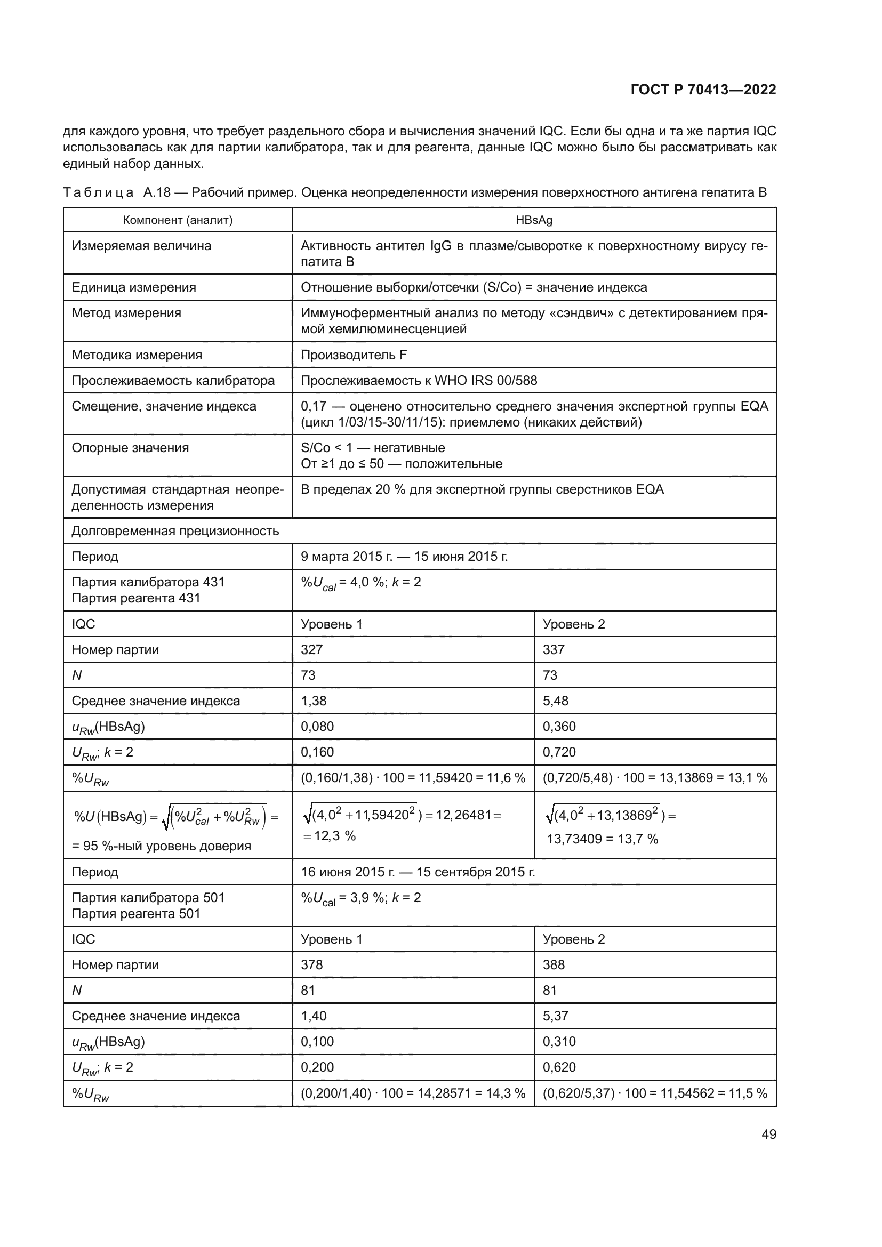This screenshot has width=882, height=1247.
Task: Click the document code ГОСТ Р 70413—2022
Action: pos(703,90)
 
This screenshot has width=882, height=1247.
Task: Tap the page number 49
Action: pos(768,1134)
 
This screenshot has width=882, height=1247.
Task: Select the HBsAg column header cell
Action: pos(534,220)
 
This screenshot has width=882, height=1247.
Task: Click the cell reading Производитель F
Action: pos(354,355)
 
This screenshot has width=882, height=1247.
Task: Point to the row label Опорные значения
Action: pos(130,447)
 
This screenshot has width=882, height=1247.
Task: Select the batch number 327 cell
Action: pos(312,649)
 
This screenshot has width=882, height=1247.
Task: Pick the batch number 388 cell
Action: pos(554,964)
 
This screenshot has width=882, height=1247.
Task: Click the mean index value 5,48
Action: pos(555,701)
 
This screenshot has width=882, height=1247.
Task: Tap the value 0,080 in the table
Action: pos(317,726)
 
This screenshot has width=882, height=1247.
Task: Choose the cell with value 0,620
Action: pos(559,1067)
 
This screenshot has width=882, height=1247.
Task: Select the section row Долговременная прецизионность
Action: pos(175,530)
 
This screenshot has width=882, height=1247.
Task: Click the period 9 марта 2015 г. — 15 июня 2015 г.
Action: pos(404,556)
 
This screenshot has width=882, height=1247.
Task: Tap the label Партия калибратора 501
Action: pos(148,897)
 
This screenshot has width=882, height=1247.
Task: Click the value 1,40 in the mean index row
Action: pos(314,1016)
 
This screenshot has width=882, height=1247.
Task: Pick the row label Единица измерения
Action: pos(134,287)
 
